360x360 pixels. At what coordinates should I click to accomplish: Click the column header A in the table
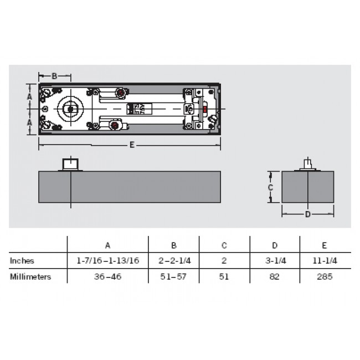[107, 245]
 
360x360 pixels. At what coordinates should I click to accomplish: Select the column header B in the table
[173, 245]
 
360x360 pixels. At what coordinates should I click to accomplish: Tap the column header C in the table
[224, 245]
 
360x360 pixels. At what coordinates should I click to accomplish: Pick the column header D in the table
[275, 245]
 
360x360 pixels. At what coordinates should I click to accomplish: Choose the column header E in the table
[325, 245]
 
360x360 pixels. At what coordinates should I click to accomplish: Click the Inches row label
[22, 260]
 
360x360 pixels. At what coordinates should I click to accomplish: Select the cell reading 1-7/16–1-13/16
[107, 260]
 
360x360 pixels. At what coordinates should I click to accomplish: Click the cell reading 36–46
[107, 276]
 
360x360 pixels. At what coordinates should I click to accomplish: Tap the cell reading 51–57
[173, 276]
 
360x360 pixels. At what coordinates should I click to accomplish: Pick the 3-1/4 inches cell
[275, 260]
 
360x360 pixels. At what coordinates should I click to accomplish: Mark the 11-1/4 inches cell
[325, 260]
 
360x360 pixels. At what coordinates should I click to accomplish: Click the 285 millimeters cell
[325, 276]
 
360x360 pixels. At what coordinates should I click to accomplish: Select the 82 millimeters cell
[275, 276]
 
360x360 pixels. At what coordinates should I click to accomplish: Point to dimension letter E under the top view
[132, 145]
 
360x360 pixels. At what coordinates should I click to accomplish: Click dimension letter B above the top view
[54, 76]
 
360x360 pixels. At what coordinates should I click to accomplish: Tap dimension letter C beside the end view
[270, 187]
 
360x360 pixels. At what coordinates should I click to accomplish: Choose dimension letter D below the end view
[308, 214]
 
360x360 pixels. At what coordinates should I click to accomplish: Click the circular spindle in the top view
[70, 109]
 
